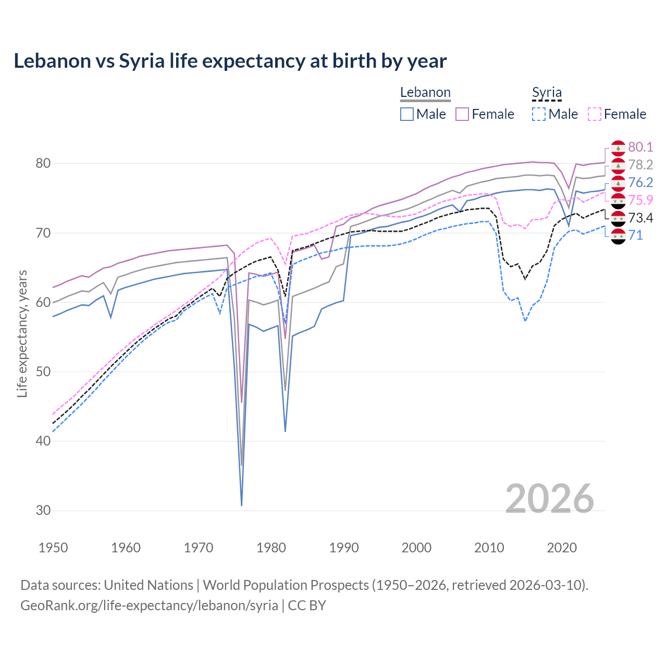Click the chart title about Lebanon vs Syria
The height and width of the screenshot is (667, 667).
[x=230, y=61]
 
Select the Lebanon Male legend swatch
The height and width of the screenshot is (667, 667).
[x=407, y=114]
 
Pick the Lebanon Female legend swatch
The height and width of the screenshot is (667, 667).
[x=462, y=114]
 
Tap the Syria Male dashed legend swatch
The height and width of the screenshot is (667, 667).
[x=539, y=114]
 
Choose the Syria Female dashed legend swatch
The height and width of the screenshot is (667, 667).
[x=594, y=114]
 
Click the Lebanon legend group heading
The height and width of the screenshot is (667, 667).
[x=425, y=93]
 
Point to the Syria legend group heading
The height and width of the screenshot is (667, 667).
[x=547, y=93]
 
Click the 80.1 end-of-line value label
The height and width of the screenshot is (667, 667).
[x=640, y=147]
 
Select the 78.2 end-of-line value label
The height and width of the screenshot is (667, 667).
[x=640, y=165]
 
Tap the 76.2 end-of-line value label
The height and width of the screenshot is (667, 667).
[x=640, y=182]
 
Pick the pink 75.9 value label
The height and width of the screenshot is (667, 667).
[x=640, y=200]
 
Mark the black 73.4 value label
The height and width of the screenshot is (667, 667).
[x=640, y=218]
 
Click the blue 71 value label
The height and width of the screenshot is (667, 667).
[x=636, y=235]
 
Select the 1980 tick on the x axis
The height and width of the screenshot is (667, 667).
[x=271, y=548]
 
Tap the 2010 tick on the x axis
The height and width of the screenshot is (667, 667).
[x=489, y=548]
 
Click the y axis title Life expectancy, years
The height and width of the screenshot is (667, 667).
[x=22, y=333]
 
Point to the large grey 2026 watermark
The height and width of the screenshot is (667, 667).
[x=549, y=499]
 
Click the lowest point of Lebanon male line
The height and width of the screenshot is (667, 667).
[x=242, y=505]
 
